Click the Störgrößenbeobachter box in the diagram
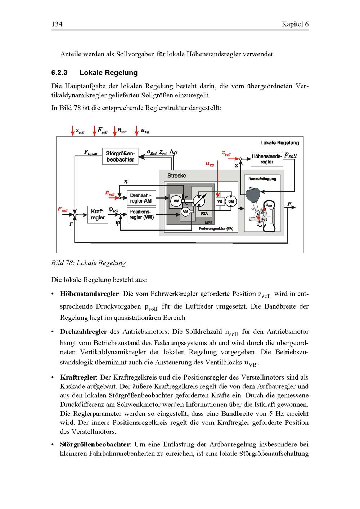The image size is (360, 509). pos(120,156)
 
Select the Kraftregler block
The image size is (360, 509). pos(98,214)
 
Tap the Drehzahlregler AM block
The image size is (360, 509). pos(141,198)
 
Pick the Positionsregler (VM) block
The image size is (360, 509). pos(141,214)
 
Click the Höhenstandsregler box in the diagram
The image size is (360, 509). pos(267,159)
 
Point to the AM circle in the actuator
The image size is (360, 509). pos(176,201)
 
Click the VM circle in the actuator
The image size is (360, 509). pos(186,212)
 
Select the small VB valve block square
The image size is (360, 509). pos(219,201)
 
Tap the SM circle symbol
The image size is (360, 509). pos(231,201)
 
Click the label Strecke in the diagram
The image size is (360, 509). pos(177,176)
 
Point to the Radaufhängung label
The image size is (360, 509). pos(262,179)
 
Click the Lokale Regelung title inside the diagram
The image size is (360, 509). pos(280,143)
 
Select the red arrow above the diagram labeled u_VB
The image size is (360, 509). pos(137,130)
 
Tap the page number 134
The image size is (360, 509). pos(57,24)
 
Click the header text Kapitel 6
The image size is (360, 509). pos(295,24)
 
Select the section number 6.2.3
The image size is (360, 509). pos(59,73)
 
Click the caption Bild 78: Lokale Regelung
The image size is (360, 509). pos(89,263)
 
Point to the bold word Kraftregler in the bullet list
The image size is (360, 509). pos(78,377)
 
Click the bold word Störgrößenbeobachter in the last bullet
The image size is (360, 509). pos(95,444)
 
